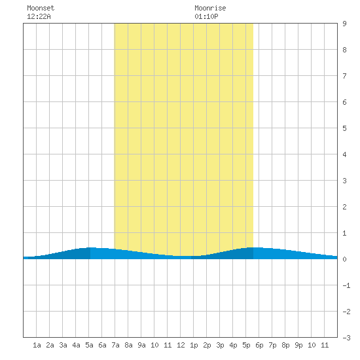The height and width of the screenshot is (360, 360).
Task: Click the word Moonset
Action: (x=41, y=8)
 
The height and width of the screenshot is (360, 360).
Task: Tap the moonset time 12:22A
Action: (x=39, y=16)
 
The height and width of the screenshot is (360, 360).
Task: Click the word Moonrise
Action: (x=210, y=8)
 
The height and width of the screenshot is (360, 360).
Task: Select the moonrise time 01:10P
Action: (x=206, y=16)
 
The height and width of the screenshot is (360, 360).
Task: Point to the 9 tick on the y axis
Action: (x=344, y=24)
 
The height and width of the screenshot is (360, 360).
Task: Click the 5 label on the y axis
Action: (x=344, y=128)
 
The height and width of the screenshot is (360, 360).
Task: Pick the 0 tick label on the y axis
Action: (x=344, y=259)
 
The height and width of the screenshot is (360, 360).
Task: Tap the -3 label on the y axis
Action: (x=346, y=338)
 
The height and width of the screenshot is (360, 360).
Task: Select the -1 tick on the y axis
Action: (x=346, y=285)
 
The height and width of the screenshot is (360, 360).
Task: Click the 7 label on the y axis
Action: (x=344, y=76)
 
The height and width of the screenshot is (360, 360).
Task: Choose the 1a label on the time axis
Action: (x=37, y=345)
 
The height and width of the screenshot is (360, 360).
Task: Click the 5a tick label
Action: (x=89, y=345)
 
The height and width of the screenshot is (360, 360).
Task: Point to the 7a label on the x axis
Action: (x=115, y=345)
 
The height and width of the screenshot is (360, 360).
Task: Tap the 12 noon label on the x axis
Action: (x=181, y=345)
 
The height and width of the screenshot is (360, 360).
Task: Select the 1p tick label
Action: (x=194, y=345)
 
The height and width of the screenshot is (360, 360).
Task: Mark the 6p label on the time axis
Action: (x=259, y=345)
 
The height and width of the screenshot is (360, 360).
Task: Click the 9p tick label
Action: (x=298, y=345)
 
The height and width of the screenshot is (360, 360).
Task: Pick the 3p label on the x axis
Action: (x=220, y=345)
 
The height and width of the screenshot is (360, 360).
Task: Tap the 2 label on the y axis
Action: (x=344, y=207)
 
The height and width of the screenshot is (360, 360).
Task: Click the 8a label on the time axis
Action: (x=128, y=345)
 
